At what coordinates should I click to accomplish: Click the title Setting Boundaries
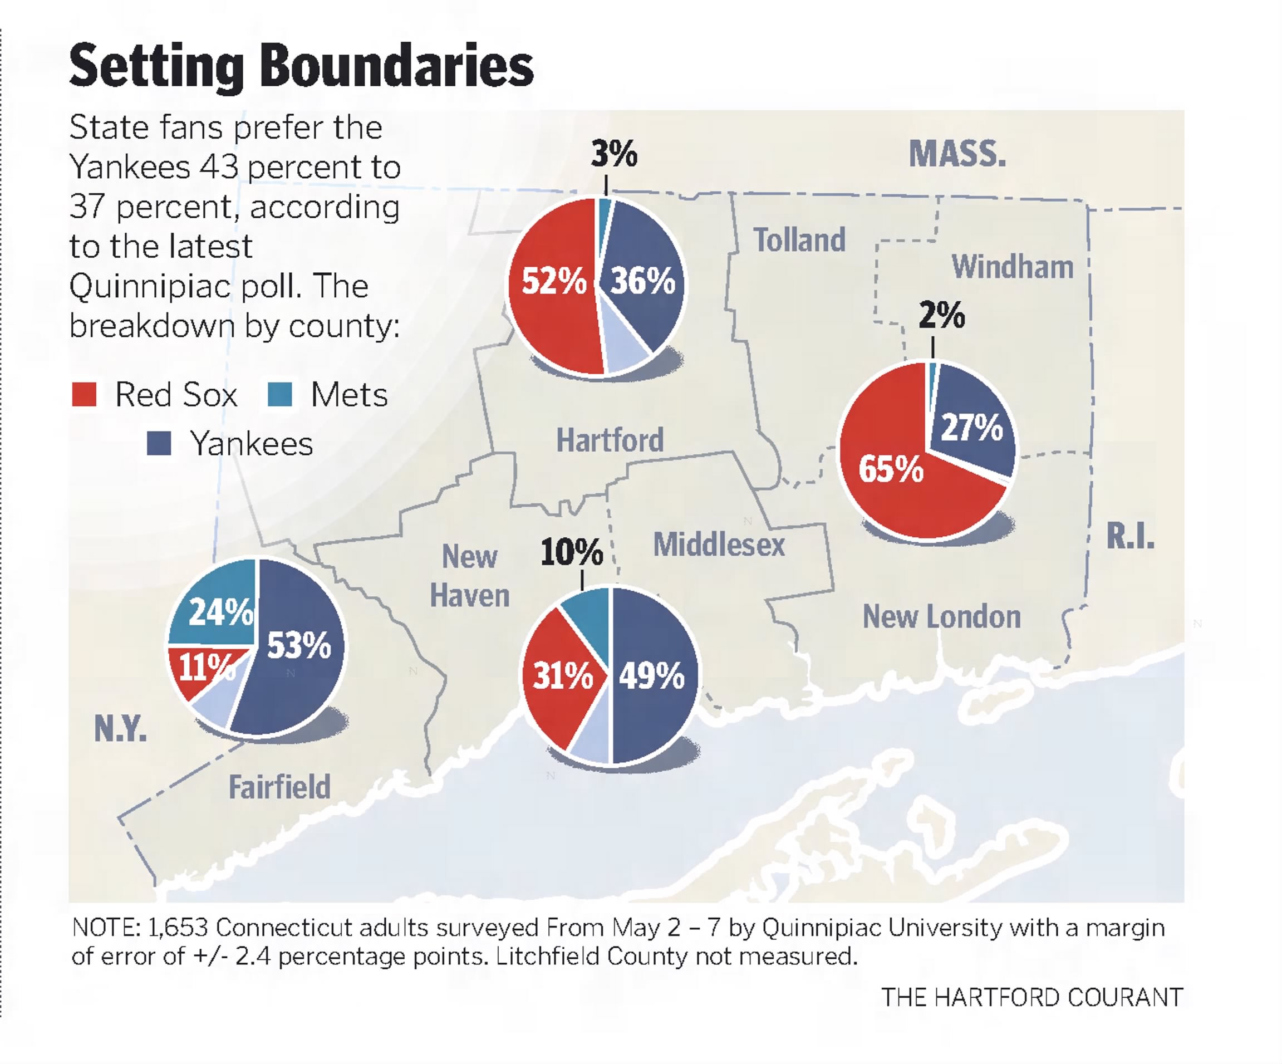point(302,66)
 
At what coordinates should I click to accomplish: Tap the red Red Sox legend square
point(84,394)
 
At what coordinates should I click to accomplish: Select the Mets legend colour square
point(280,394)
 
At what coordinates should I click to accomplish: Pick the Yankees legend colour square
point(159,443)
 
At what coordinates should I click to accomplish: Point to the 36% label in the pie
point(643,281)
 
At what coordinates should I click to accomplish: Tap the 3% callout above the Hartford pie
point(614,153)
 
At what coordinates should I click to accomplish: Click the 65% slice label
point(891,469)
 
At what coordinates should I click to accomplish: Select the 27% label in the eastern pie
point(972,426)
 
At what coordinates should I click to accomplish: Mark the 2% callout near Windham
point(942,316)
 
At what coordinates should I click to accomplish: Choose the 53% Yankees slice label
point(299,645)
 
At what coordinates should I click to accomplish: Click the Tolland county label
point(800,239)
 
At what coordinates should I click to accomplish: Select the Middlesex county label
point(719,544)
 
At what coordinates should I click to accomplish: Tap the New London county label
point(942,616)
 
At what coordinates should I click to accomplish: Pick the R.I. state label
point(1131,537)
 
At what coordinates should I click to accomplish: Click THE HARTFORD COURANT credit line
point(1032,997)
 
